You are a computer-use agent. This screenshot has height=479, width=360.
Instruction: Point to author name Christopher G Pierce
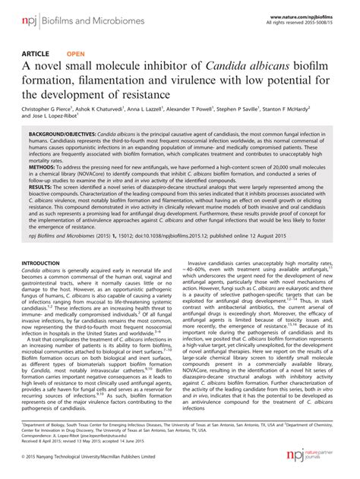coord(49,109)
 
